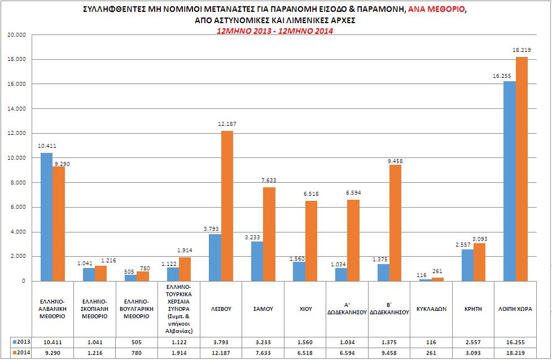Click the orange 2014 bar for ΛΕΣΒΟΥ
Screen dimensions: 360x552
click(227, 206)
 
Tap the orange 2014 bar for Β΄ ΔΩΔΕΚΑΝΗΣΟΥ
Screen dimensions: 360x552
click(396, 223)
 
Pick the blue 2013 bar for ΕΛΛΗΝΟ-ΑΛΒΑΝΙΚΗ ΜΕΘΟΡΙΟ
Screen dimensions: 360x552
click(46, 217)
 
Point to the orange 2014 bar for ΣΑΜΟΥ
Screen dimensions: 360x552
click(269, 234)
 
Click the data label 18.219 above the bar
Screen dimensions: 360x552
click(520, 50)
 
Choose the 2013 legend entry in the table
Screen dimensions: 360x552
click(22, 342)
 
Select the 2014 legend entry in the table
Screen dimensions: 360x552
click(22, 353)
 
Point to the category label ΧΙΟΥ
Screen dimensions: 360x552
click(305, 309)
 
